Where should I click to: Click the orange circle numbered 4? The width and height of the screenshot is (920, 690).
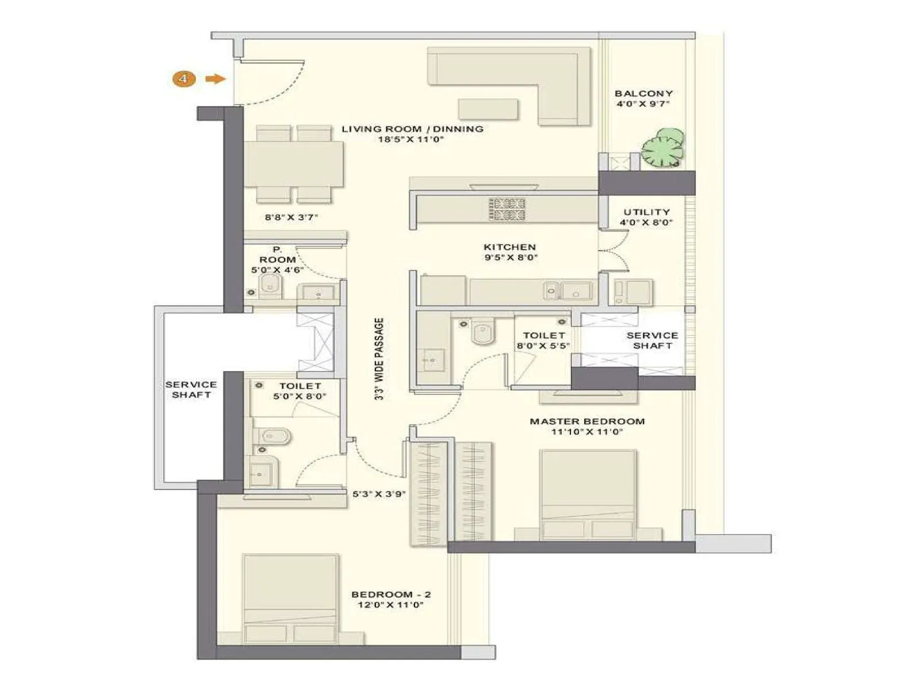coord(183,79)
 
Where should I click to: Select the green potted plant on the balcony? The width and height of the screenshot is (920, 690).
coord(663,148)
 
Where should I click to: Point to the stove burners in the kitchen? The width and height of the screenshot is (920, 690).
coord(507,209)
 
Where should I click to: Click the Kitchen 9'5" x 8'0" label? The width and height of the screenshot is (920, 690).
coord(510,252)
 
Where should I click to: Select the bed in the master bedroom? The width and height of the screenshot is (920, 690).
coord(588,494)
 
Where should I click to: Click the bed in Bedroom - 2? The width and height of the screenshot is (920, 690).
coord(290,599)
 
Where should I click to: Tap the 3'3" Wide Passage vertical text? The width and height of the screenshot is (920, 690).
coord(379,359)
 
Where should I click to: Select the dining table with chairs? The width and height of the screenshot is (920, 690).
coord(294,164)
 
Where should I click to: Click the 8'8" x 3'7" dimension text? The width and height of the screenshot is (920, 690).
coord(291,217)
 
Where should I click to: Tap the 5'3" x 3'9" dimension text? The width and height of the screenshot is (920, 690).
coord(379,493)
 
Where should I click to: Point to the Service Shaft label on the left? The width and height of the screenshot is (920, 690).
coord(191,389)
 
